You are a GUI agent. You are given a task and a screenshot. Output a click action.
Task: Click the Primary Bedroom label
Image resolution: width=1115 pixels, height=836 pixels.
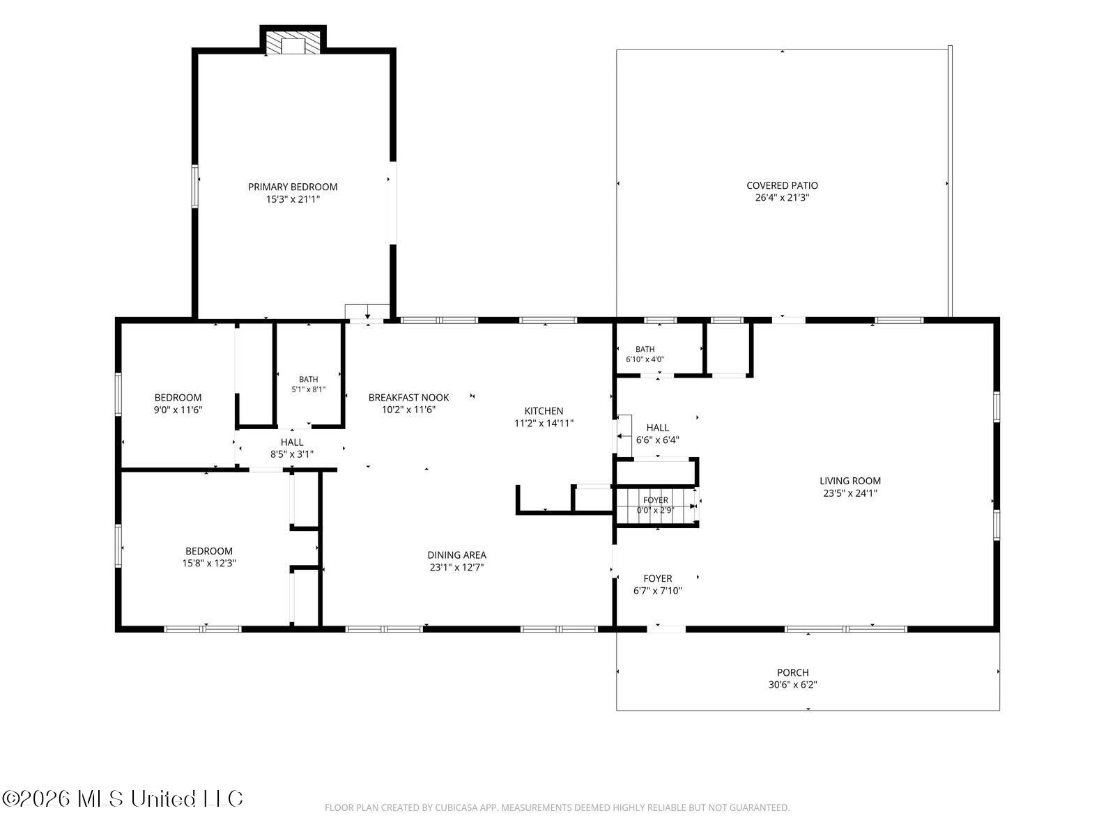coord(293,187)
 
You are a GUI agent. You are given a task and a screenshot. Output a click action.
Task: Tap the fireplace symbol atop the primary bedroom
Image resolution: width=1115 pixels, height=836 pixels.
coord(293,44)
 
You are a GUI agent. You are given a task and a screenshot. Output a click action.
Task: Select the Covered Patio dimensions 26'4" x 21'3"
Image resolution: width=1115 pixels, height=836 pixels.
coord(782,197)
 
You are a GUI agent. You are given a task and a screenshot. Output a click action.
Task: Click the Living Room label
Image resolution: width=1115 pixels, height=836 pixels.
coord(849,481)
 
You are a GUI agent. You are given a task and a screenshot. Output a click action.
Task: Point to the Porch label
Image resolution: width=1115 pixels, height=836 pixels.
coord(792,672)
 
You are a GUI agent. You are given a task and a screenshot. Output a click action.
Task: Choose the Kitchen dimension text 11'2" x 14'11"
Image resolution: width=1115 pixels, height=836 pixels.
coord(544,424)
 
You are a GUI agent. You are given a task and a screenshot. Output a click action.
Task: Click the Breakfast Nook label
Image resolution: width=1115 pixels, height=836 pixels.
coord(409,397)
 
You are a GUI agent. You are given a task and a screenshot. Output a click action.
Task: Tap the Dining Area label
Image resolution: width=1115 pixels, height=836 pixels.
coord(456,555)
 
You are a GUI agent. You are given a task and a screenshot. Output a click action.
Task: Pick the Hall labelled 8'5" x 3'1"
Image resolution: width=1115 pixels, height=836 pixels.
coord(291,448)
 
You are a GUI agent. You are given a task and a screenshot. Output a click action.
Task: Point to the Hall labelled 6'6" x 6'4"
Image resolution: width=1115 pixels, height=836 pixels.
coord(657,434)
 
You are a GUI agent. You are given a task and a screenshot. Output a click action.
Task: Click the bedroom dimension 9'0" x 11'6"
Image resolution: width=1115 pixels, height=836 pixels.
coord(178,410)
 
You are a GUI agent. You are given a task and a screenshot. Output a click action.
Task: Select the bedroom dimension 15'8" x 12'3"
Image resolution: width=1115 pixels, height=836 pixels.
coord(209,563)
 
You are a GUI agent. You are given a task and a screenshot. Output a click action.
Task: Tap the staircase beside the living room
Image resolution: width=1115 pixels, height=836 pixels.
coord(656,505)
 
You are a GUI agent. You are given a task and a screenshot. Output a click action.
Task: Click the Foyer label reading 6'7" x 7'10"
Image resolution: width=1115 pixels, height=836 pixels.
coord(657,585)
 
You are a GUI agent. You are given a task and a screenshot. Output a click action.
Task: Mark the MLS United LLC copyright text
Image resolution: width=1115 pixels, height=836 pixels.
coord(123,798)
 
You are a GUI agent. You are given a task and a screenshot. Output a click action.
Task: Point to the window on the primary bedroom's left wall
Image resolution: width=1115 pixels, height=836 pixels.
coord(194,186)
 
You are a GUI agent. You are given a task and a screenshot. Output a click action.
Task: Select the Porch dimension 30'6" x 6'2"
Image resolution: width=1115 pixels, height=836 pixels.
coord(792,685)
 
